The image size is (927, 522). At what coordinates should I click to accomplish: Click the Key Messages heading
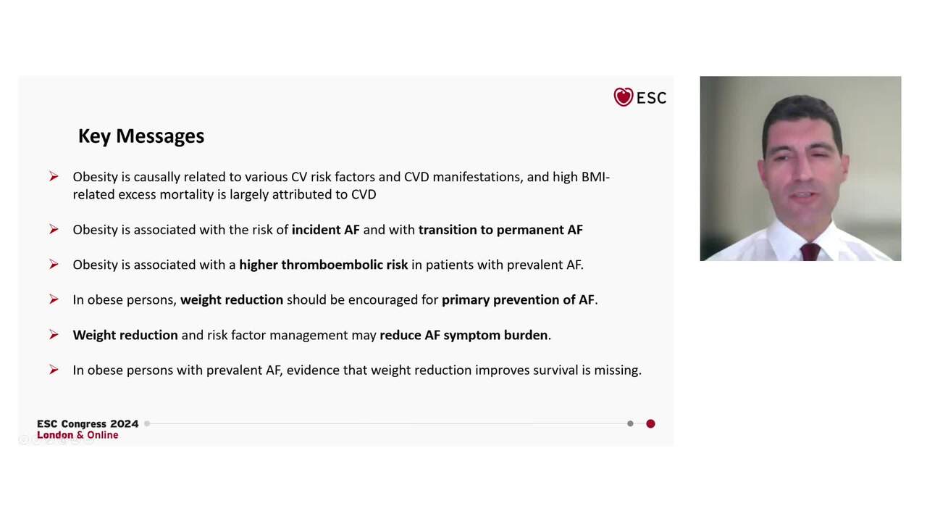pyautogui.click(x=141, y=136)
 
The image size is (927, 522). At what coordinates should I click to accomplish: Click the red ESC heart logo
pyautogui.click(x=623, y=97)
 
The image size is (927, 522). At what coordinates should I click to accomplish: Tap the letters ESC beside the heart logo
pyautogui.click(x=652, y=98)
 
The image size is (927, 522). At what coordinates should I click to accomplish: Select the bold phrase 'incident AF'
pyautogui.click(x=325, y=230)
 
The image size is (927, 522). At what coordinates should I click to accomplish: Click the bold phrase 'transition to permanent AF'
pyautogui.click(x=500, y=230)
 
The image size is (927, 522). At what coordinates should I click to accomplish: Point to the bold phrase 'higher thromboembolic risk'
pyautogui.click(x=324, y=265)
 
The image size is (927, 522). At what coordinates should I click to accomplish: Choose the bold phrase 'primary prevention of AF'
pyautogui.click(x=518, y=300)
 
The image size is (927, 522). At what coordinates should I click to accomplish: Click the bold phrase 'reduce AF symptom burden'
pyautogui.click(x=463, y=335)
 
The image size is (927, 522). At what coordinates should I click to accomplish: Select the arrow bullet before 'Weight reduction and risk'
pyautogui.click(x=54, y=335)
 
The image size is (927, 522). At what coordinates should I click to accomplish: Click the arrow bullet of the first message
pyautogui.click(x=54, y=177)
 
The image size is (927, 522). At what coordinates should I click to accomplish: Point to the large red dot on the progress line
pyautogui.click(x=650, y=423)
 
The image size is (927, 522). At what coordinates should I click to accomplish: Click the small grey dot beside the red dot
pyautogui.click(x=630, y=423)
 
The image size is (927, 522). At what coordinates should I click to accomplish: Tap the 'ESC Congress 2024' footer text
pyautogui.click(x=88, y=424)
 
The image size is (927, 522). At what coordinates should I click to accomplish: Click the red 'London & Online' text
pyautogui.click(x=77, y=435)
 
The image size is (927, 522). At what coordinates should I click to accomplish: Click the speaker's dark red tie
pyautogui.click(x=810, y=252)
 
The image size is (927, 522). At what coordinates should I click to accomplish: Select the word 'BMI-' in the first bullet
pyautogui.click(x=595, y=177)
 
